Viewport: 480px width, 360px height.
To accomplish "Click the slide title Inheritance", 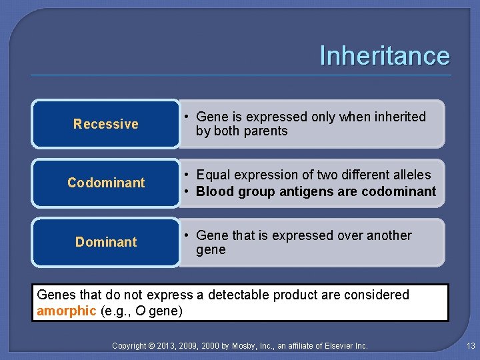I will [x=385, y=55].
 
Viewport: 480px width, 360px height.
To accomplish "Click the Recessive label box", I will [x=106, y=124].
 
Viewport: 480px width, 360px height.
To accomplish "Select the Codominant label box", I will [x=106, y=183].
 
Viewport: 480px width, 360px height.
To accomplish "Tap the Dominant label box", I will [x=106, y=242].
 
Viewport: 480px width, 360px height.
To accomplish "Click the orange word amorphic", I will [x=67, y=311].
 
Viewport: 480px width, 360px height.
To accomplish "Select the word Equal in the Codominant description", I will [x=213, y=175].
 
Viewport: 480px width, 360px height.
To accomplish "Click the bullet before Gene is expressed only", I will [x=187, y=117].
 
